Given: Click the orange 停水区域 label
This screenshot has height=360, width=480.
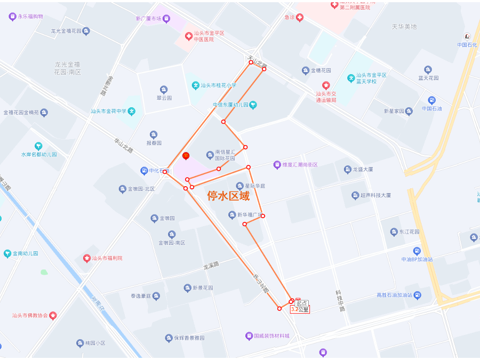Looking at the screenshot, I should coord(228,196).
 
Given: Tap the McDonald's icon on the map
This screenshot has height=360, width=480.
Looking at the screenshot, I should coord(186,156).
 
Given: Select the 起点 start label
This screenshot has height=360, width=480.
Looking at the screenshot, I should coord(302,303).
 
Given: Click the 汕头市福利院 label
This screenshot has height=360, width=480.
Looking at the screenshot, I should coord(107,258).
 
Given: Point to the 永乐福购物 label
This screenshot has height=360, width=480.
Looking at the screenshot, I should coord(30,17).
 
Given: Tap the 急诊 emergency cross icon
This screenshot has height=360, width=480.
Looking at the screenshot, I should coord(300,18).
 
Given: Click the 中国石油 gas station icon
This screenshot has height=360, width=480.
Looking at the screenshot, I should coord(431,100).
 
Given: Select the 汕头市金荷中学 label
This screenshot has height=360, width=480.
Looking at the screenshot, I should coord(108,111).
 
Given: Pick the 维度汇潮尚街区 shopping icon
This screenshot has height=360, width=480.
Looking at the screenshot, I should coord(277,165).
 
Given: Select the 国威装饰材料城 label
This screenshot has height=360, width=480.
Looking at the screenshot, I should coord(271,336).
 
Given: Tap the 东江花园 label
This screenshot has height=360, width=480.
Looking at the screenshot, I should coord(409,232).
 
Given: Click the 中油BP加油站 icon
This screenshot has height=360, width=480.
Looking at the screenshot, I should coord(417,251).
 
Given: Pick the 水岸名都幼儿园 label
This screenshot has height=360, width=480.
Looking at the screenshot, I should coord(39,154).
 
